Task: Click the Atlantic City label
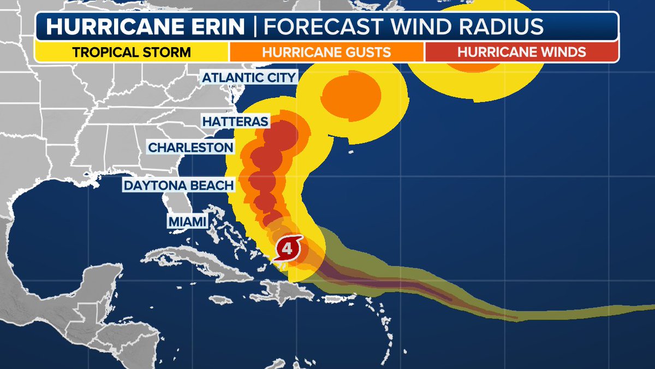[249, 77]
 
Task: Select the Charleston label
[191, 148]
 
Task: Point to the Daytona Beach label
[179, 185]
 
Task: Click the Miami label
[188, 221]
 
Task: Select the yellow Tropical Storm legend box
[132, 52]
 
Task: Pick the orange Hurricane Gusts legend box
[326, 52]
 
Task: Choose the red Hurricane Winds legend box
[521, 52]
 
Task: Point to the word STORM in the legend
[167, 52]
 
